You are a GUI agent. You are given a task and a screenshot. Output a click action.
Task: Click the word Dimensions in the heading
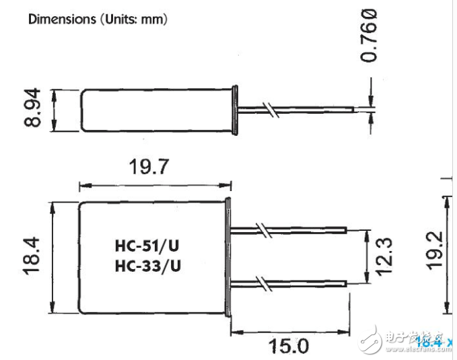[x=53, y=19]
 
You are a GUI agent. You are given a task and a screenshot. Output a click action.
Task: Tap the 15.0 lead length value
[x=289, y=346]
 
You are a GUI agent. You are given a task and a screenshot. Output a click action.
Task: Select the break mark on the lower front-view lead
[x=266, y=284]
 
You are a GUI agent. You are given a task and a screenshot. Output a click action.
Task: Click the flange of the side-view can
[x=236, y=110]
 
